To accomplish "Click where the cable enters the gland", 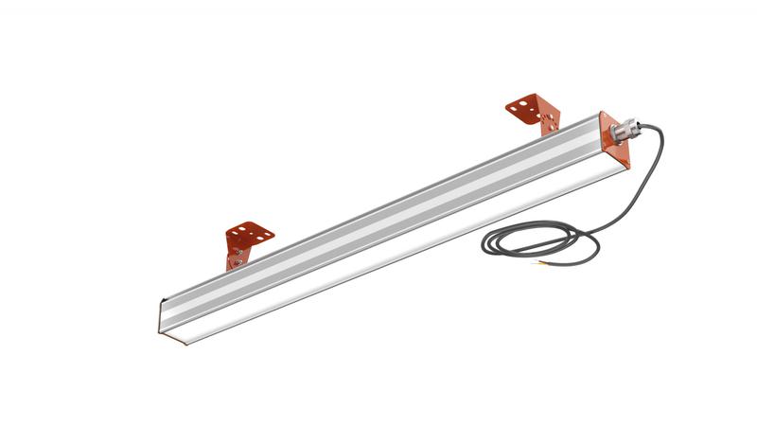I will [637, 124].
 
